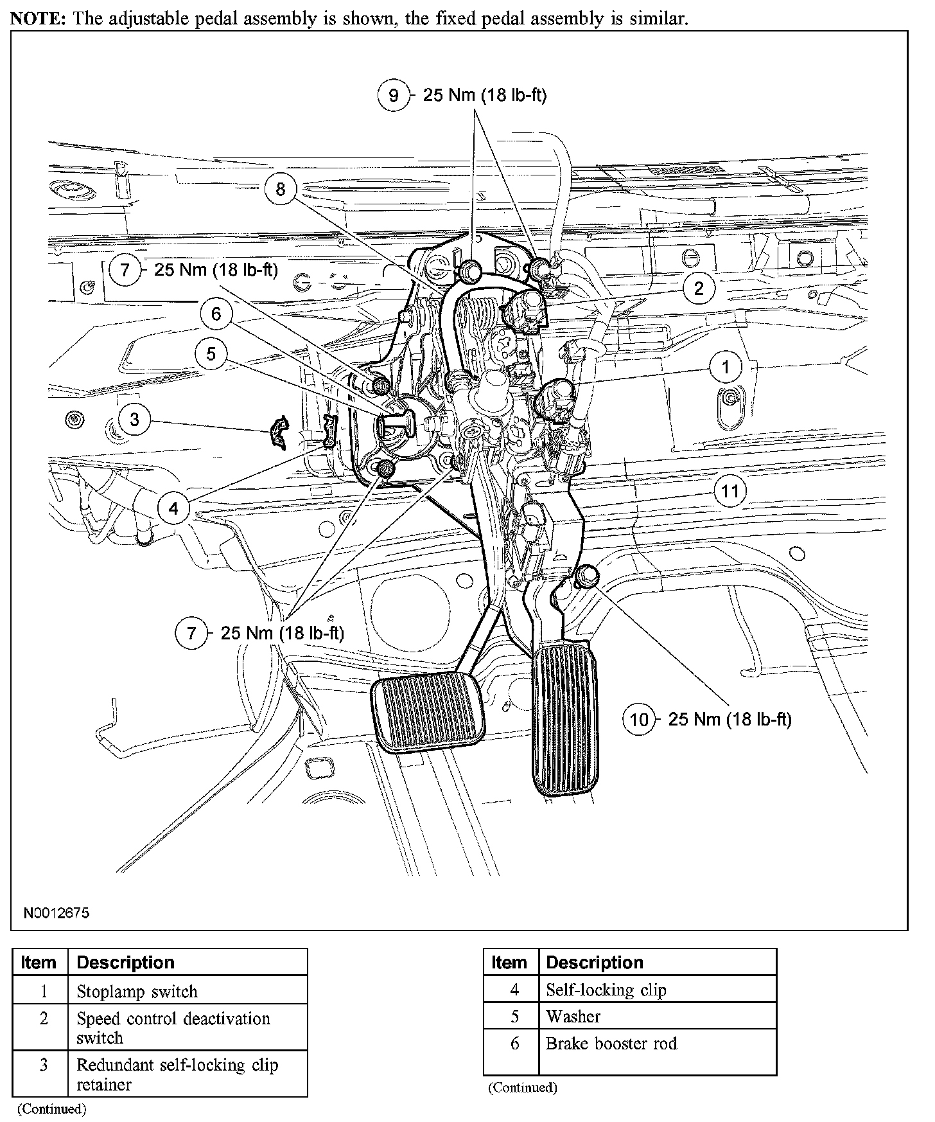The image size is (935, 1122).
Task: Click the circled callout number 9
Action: click(393, 96)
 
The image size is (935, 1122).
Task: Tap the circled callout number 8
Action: click(281, 189)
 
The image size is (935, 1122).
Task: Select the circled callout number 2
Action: click(699, 288)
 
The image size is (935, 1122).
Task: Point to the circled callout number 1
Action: click(726, 367)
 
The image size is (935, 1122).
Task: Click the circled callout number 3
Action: click(134, 420)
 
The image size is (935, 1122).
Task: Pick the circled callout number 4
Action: click(173, 509)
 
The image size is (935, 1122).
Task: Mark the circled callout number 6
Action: click(216, 314)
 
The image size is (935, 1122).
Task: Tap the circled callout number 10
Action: click(639, 719)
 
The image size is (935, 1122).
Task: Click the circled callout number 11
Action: click(730, 492)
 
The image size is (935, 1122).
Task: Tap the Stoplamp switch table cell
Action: click(137, 992)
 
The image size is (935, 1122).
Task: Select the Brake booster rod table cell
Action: click(611, 1044)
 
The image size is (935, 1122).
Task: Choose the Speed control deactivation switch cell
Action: click(173, 1028)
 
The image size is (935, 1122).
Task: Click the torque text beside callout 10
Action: click(730, 719)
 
